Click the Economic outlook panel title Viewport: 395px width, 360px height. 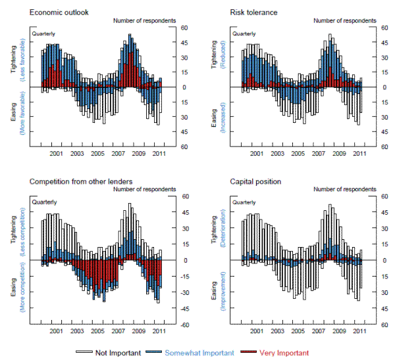(59, 12)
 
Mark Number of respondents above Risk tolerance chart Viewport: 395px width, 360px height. (340, 20)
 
